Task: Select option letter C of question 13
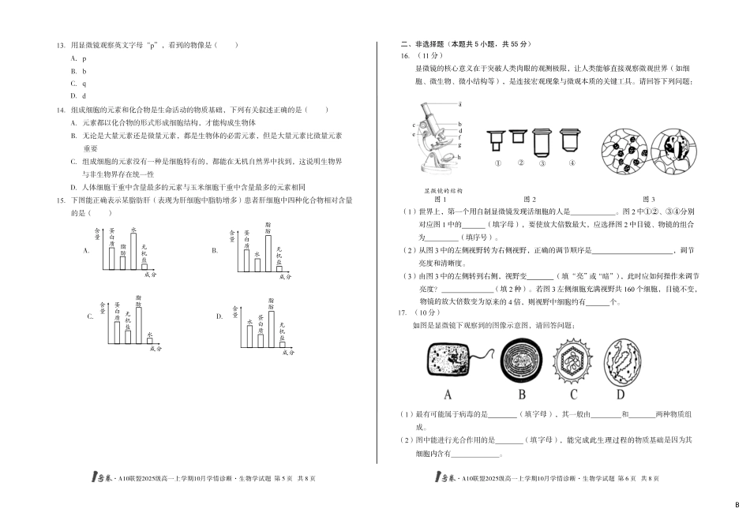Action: pos(73,83)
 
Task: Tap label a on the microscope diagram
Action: pos(460,103)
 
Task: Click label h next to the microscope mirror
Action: pos(460,158)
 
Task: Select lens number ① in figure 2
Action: pos(498,163)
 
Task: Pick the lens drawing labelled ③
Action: pos(542,163)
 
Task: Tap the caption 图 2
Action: pos(530,199)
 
